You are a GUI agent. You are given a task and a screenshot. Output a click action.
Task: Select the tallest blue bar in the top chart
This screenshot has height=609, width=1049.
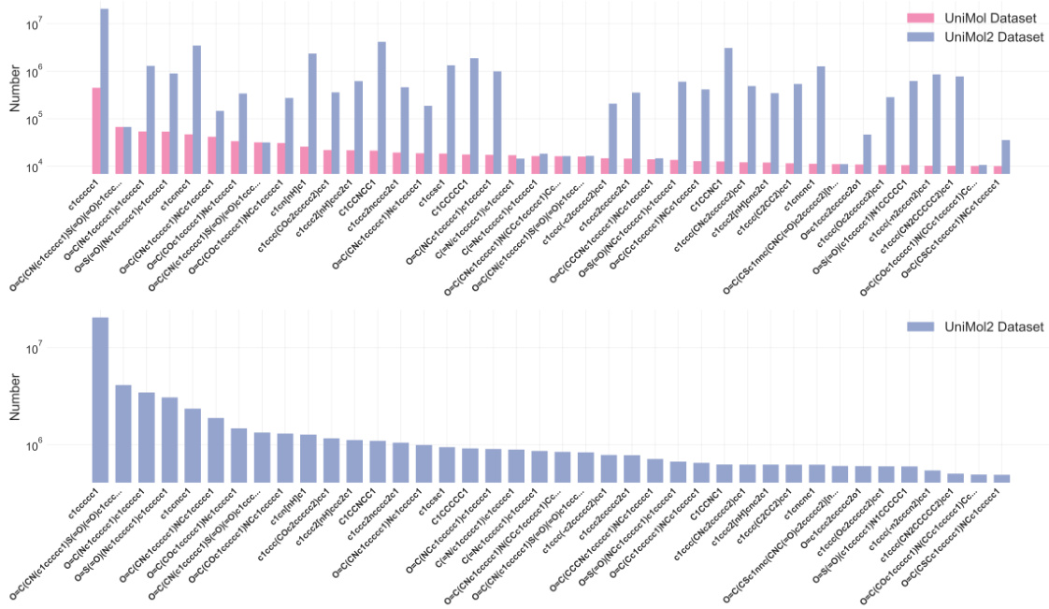tap(105, 90)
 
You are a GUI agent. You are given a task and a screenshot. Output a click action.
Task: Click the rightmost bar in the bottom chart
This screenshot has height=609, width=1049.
tap(1001, 478)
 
